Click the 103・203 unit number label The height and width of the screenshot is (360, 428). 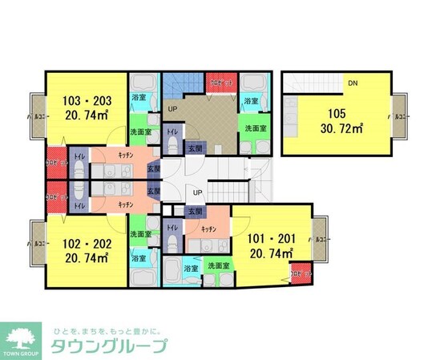coord(87,102)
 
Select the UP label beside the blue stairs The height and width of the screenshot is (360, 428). coord(172,108)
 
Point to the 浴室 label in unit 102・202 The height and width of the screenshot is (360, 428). coord(139,258)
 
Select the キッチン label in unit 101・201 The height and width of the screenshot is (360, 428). coord(209,229)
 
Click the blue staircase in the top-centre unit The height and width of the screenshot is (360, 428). coord(182,86)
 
